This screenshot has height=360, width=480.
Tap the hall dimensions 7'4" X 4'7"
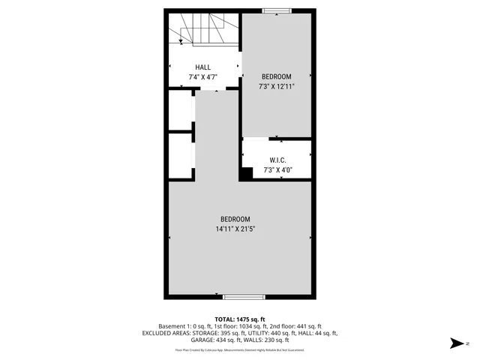point(202,77)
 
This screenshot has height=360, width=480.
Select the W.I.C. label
point(277,160)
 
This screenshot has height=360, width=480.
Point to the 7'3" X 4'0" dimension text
point(277,170)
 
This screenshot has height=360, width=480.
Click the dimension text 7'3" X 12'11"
point(277,87)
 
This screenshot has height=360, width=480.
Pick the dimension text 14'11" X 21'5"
point(240,229)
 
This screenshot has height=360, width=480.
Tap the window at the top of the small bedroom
point(277,10)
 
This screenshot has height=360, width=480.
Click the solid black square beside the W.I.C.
point(245,173)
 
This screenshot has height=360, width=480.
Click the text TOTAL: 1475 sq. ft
point(240,319)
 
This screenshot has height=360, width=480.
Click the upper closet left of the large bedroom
point(180,110)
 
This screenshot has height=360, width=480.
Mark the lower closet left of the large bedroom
point(180,154)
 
